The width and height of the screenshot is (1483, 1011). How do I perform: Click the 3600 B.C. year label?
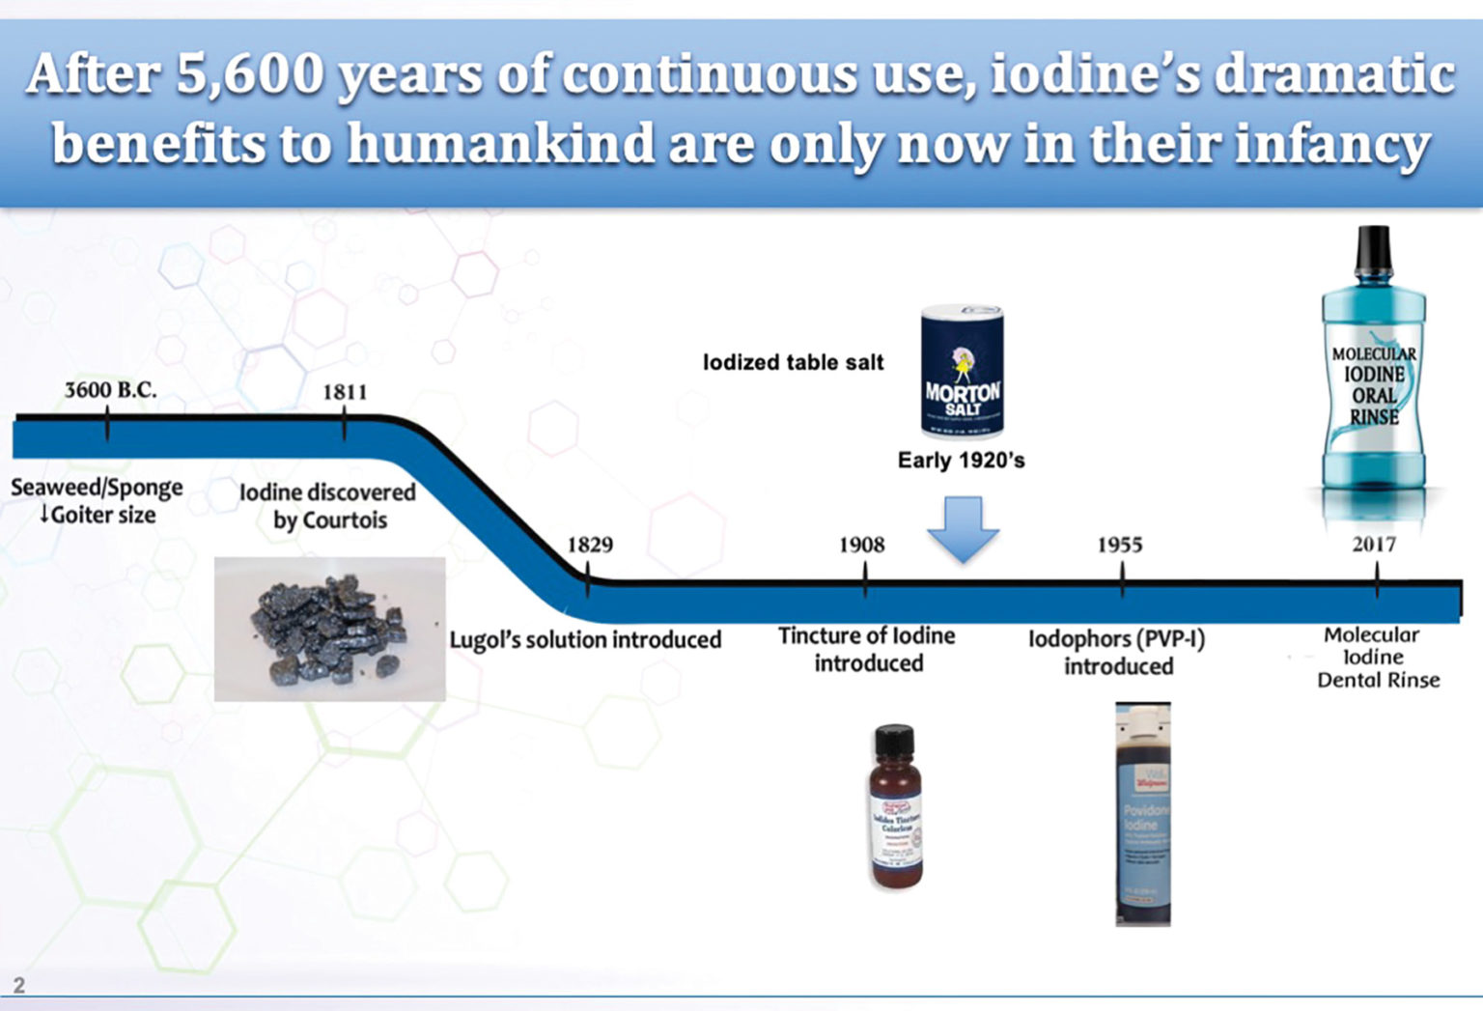click(x=110, y=390)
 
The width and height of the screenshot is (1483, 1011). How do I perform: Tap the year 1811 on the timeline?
click(x=345, y=392)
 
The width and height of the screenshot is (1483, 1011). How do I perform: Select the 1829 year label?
click(x=590, y=545)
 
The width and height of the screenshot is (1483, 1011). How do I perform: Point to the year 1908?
click(x=861, y=545)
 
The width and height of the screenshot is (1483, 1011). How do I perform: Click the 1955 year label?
click(x=1119, y=545)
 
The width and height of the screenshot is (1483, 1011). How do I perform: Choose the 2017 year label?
click(x=1374, y=545)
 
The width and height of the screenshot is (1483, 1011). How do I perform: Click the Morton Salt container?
click(x=962, y=372)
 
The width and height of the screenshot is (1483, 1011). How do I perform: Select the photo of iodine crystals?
click(x=329, y=629)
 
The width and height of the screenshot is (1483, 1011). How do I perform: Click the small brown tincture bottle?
click(x=895, y=807)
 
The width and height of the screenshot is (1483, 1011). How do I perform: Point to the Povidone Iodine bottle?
click(x=1143, y=814)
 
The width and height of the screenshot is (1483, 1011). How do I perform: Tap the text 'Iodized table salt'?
click(x=793, y=362)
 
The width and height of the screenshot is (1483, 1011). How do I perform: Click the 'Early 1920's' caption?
click(x=961, y=460)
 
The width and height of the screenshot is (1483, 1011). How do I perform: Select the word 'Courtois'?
click(x=344, y=520)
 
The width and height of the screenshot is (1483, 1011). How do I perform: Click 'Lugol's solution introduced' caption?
click(x=585, y=639)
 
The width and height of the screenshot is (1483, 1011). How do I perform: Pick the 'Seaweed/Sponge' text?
click(x=97, y=487)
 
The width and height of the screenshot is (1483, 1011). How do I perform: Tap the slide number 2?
click(x=18, y=986)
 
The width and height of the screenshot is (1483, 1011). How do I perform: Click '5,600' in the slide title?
click(x=250, y=74)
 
